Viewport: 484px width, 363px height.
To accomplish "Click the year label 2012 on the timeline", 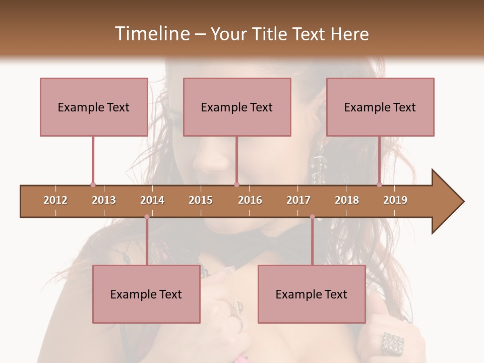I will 55,200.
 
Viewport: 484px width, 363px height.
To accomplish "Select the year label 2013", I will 104,200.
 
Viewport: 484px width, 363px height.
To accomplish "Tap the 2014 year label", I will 152,200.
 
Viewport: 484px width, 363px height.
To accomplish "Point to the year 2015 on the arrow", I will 201,200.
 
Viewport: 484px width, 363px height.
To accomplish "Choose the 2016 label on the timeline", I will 250,200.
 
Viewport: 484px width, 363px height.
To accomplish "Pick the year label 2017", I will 298,200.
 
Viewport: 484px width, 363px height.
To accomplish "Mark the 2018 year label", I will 347,200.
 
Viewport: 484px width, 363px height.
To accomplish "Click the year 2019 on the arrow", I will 395,200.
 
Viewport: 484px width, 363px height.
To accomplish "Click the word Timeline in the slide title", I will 151,34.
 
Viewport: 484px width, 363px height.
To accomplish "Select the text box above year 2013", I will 94,107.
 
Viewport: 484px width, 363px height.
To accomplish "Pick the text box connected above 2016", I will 237,107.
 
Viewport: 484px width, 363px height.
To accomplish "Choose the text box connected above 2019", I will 380,107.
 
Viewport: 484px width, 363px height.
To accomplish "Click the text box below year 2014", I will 146,294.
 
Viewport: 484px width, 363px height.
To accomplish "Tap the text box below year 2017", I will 312,294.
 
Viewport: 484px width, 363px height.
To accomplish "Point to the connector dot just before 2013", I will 93,185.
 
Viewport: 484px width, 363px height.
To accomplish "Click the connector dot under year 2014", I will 147,217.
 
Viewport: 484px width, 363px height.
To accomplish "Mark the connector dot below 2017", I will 312,217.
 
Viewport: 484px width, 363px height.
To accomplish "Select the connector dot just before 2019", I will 380,185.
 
